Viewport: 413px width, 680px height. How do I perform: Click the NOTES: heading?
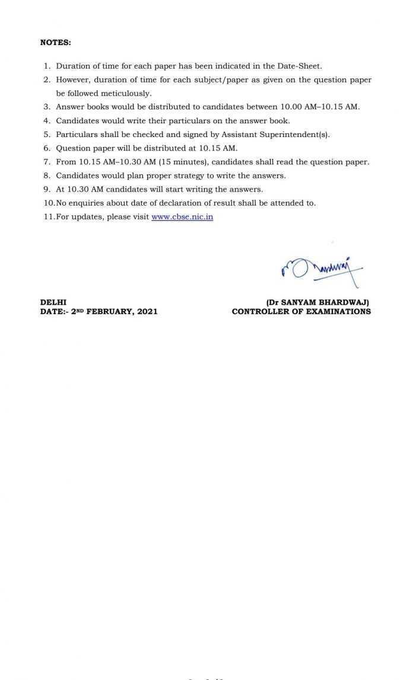(55, 43)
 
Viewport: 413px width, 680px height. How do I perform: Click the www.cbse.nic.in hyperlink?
(182, 217)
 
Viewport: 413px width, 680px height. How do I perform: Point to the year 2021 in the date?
(147, 311)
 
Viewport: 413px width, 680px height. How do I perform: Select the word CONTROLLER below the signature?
(259, 311)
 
